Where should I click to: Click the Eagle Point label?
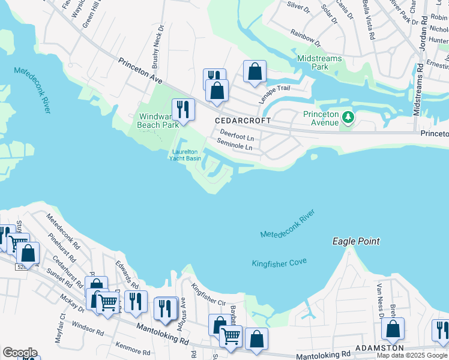pos(356,241)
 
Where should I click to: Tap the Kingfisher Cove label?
pos(279,262)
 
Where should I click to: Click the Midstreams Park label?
pos(321,62)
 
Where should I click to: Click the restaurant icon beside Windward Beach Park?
pos(183,109)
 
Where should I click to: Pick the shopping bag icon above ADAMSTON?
pos(393,329)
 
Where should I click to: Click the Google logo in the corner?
pos(20,353)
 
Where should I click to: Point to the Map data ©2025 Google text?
pos(412,355)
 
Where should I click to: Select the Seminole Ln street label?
pos(235,146)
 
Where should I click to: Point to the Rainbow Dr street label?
pos(306,38)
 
